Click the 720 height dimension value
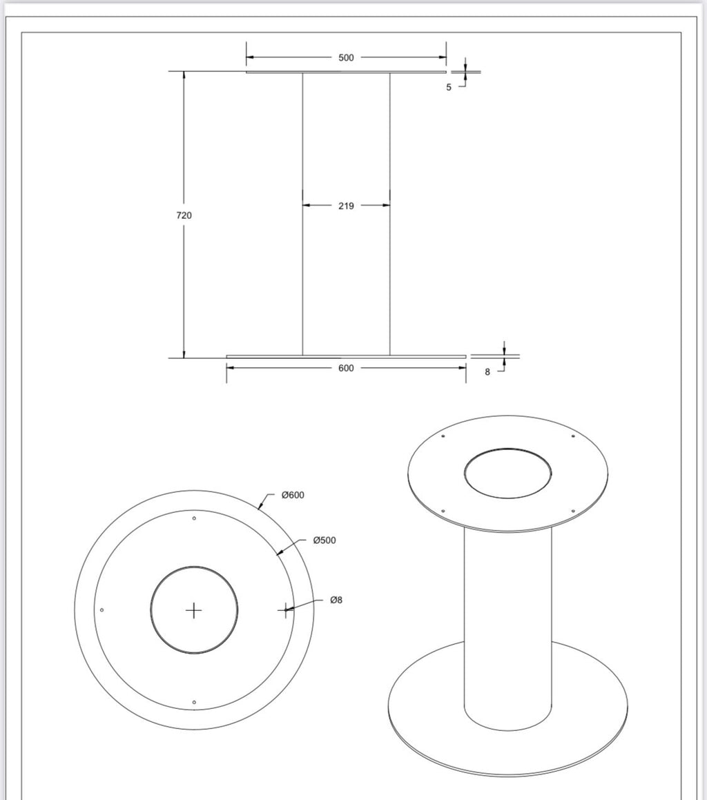point(184,215)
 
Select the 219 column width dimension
point(346,206)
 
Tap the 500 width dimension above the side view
point(346,58)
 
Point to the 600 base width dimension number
point(346,369)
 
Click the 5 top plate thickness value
point(449,88)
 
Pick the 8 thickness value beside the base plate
point(487,372)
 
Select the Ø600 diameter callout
point(293,495)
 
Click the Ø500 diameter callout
point(325,540)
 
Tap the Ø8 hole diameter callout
point(336,601)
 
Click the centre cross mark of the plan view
point(194,610)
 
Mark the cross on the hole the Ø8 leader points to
point(286,609)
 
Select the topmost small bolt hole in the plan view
point(194,518)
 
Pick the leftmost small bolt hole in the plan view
point(102,610)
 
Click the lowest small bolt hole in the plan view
point(194,702)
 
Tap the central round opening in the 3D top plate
point(507,474)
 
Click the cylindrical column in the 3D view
point(507,621)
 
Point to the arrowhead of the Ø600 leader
point(260,508)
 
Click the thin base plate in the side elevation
point(346,357)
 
